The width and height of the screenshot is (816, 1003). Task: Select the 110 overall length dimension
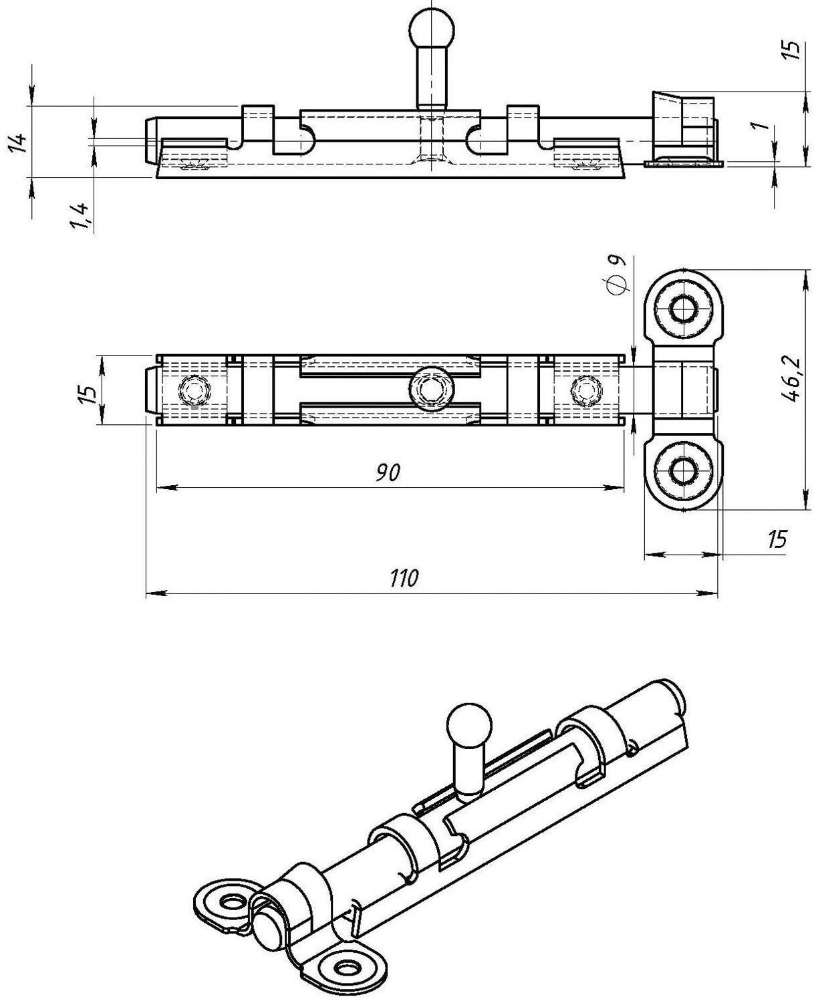pos(404,577)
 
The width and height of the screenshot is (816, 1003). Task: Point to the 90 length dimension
pos(387,473)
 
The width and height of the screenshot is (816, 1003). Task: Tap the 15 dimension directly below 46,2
pos(776,539)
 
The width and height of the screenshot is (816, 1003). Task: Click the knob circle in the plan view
pos(431,388)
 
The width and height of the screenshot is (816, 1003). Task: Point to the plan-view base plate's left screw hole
pos(195,390)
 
